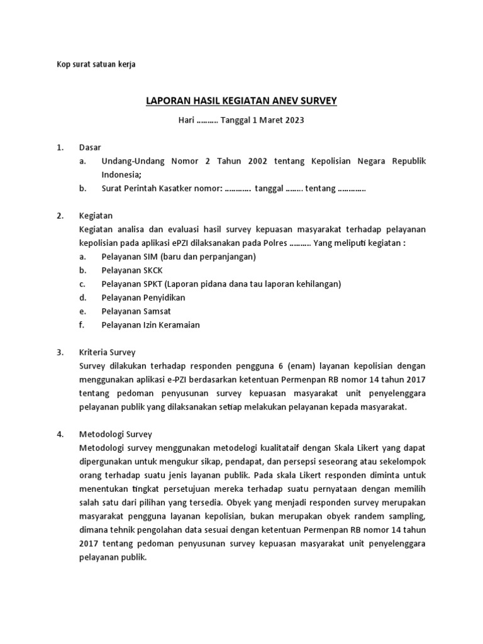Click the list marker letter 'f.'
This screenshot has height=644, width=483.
click(82, 325)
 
